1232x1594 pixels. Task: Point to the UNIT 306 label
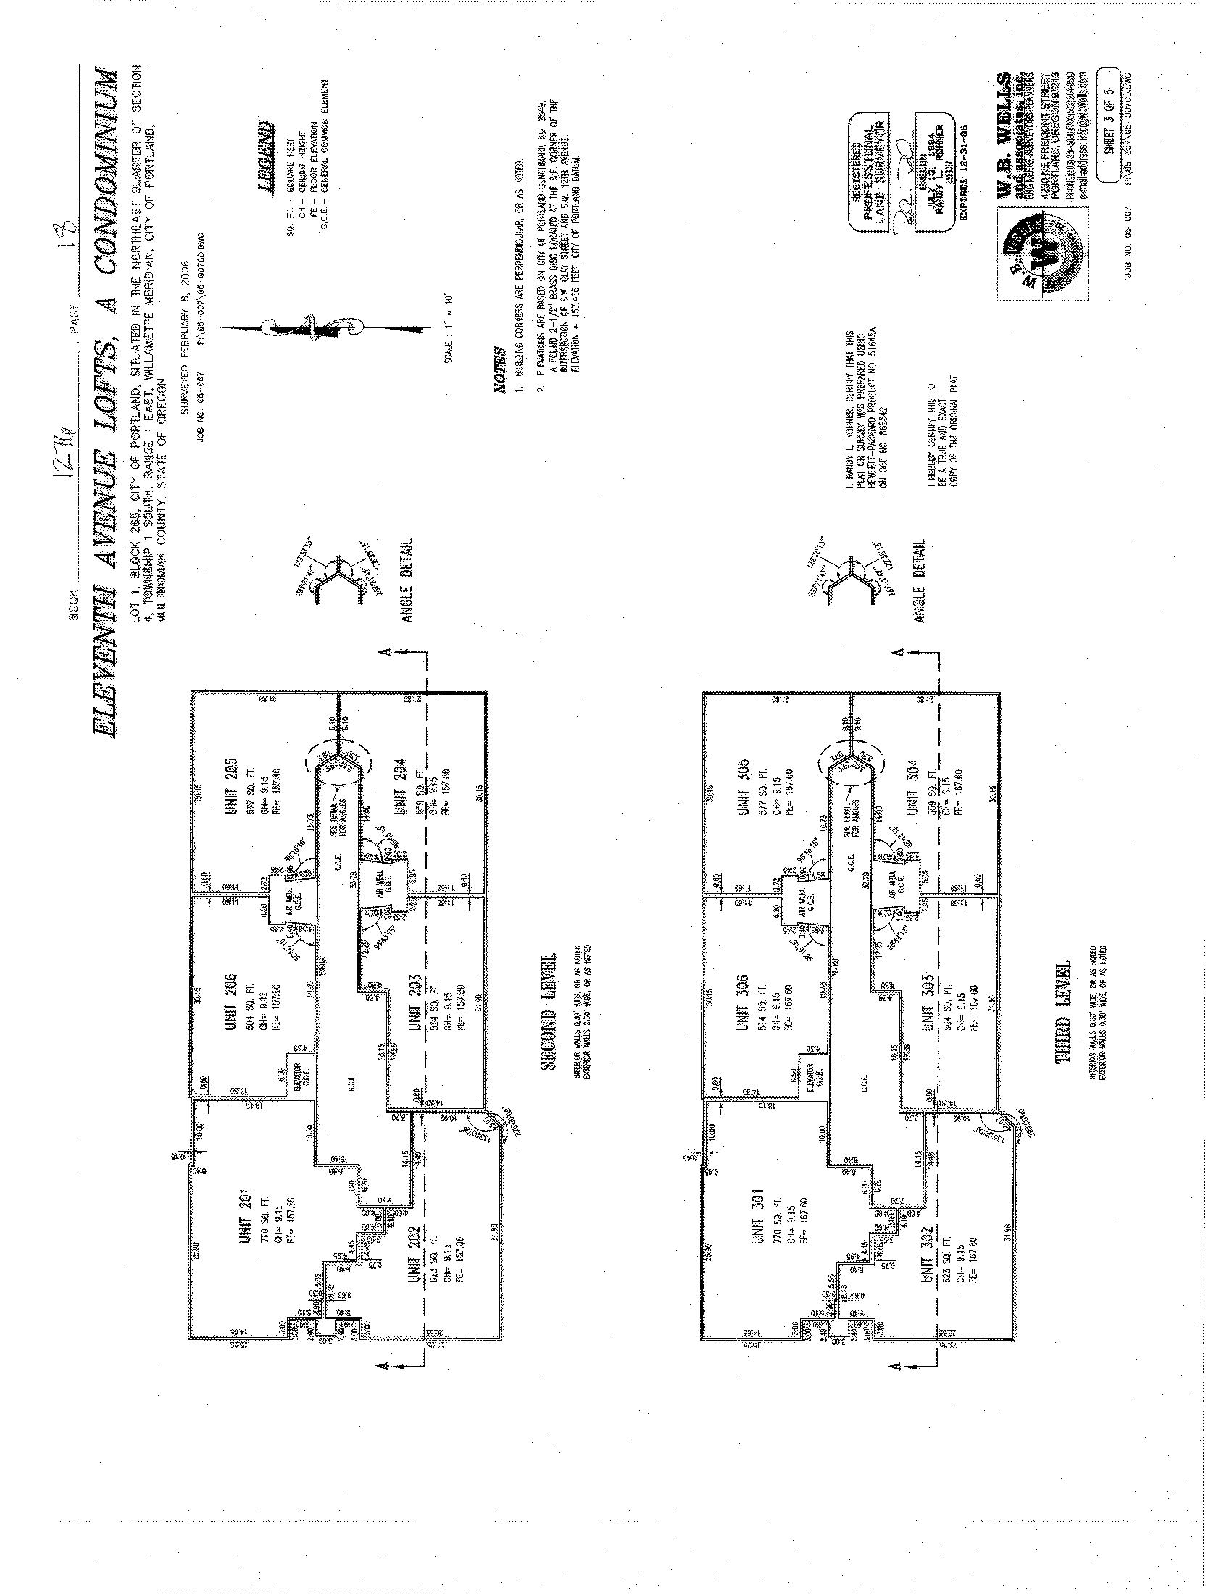[744, 1003]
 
